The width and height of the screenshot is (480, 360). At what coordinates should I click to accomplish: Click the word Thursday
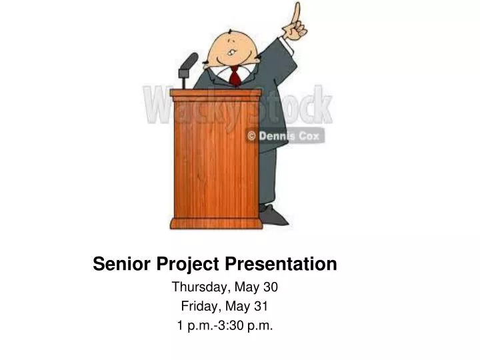tap(199, 288)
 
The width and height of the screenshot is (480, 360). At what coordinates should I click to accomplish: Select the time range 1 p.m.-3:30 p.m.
tap(225, 326)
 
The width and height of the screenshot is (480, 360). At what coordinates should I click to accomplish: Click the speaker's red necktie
tap(235, 77)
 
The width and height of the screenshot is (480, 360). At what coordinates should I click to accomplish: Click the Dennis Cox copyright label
tap(285, 135)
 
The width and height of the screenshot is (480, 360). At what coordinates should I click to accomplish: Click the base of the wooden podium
tap(215, 223)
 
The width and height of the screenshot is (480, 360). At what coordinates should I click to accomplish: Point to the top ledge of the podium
tap(215, 94)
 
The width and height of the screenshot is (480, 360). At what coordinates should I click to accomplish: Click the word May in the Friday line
tap(236, 307)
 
